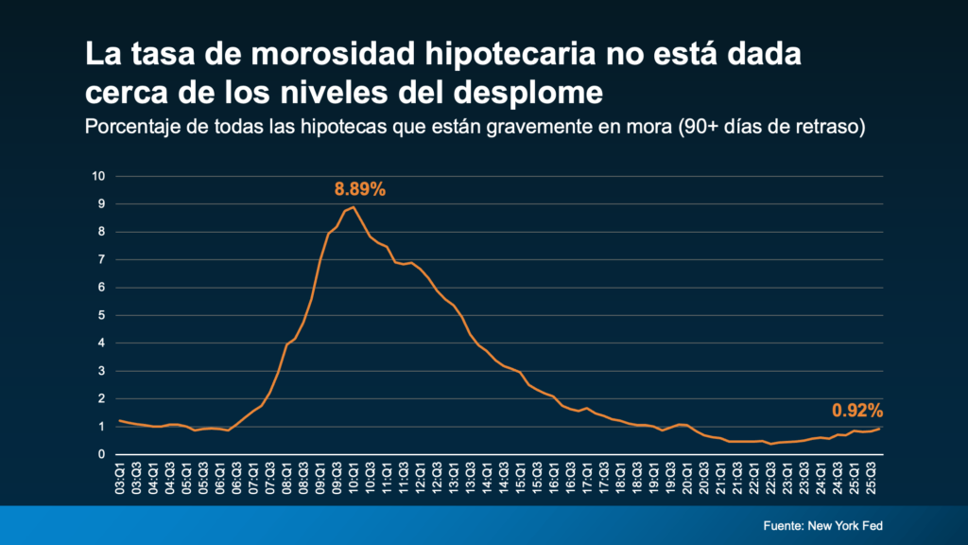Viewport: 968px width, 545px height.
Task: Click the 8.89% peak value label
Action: click(358, 189)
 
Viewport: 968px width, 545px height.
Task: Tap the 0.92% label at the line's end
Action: click(856, 411)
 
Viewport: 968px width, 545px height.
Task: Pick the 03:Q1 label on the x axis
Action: click(120, 477)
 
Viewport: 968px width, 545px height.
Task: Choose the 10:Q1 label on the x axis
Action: click(353, 477)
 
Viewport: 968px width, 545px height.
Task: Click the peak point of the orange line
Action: click(353, 207)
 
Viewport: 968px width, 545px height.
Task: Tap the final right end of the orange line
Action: click(881, 429)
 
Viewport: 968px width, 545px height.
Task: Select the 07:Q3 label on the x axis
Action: click(270, 477)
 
